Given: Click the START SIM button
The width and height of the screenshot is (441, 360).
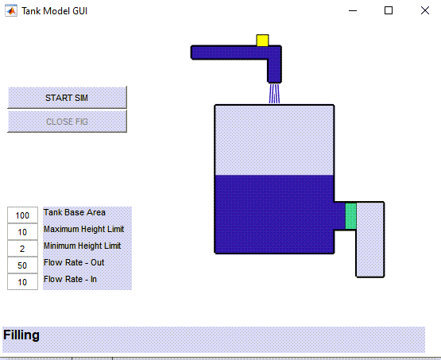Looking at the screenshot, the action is (x=67, y=97).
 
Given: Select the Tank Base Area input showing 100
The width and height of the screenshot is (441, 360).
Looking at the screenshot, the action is (x=22, y=215).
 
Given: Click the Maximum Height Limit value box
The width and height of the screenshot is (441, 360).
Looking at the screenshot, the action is (x=22, y=232).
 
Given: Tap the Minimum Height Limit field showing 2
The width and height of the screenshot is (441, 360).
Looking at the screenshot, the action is (x=22, y=248).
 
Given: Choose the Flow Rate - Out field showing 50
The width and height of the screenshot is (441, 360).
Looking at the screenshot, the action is (x=22, y=265).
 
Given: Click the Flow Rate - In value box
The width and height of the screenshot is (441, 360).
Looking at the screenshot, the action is (x=22, y=281).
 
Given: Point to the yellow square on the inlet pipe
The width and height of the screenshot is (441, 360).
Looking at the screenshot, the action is (x=262, y=41).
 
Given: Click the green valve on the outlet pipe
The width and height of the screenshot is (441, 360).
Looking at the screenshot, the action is (x=350, y=215).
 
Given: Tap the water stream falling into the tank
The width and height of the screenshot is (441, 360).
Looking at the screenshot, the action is (x=274, y=94).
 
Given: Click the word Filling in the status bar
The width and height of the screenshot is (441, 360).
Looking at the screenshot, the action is (x=21, y=335).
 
